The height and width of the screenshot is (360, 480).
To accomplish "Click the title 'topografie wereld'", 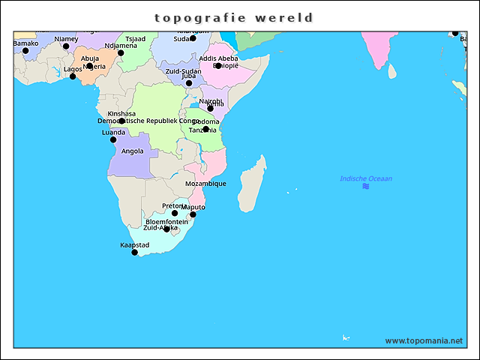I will [233, 17].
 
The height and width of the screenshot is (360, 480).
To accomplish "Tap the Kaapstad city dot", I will [135, 252].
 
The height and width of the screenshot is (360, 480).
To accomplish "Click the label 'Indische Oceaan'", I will [366, 178].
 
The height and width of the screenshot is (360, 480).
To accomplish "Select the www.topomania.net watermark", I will [424, 340].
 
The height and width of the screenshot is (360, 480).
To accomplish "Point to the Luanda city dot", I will [113, 139].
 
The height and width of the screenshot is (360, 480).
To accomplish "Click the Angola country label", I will [132, 151].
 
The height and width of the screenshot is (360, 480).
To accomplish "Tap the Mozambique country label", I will [205, 184].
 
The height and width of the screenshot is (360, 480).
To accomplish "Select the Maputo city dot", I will [193, 214].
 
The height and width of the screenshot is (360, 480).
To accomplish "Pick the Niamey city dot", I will [66, 46].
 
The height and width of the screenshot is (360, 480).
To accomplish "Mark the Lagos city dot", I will [73, 76].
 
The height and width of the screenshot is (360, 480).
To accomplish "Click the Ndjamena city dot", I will [121, 53].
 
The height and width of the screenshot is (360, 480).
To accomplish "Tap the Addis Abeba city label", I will [219, 58].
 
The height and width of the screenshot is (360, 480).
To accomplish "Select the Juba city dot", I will [189, 83].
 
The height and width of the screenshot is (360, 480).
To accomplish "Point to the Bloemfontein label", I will [166, 222].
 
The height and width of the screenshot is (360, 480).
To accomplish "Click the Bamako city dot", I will [25, 51].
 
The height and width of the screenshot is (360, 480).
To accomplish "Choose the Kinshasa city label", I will [121, 113].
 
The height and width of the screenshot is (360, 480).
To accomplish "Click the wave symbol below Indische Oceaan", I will [365, 186].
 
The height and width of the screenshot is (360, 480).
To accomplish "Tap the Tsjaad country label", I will [135, 38].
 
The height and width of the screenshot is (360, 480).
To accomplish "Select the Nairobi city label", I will [210, 100].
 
